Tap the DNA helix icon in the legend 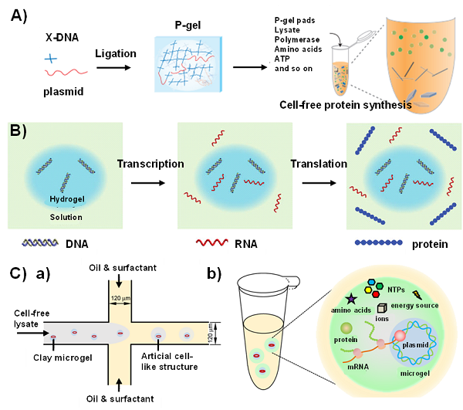pyautogui.click(x=39, y=243)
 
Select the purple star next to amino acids pyautogui.click(x=333, y=296)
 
